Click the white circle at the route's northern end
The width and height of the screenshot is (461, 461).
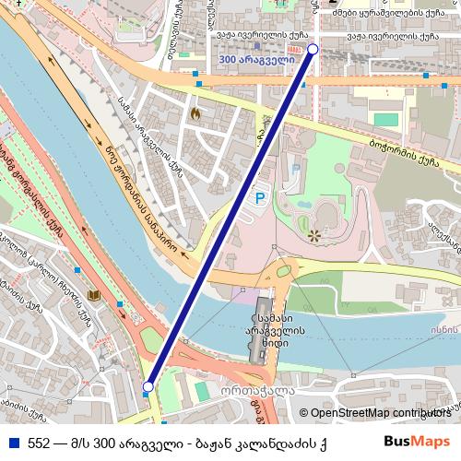(x=313, y=48)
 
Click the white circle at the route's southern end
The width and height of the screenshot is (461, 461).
(x=148, y=385)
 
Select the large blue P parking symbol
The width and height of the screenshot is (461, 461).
(x=259, y=197)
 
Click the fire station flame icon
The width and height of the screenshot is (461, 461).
(x=195, y=112)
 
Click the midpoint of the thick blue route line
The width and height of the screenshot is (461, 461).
(x=230, y=217)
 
